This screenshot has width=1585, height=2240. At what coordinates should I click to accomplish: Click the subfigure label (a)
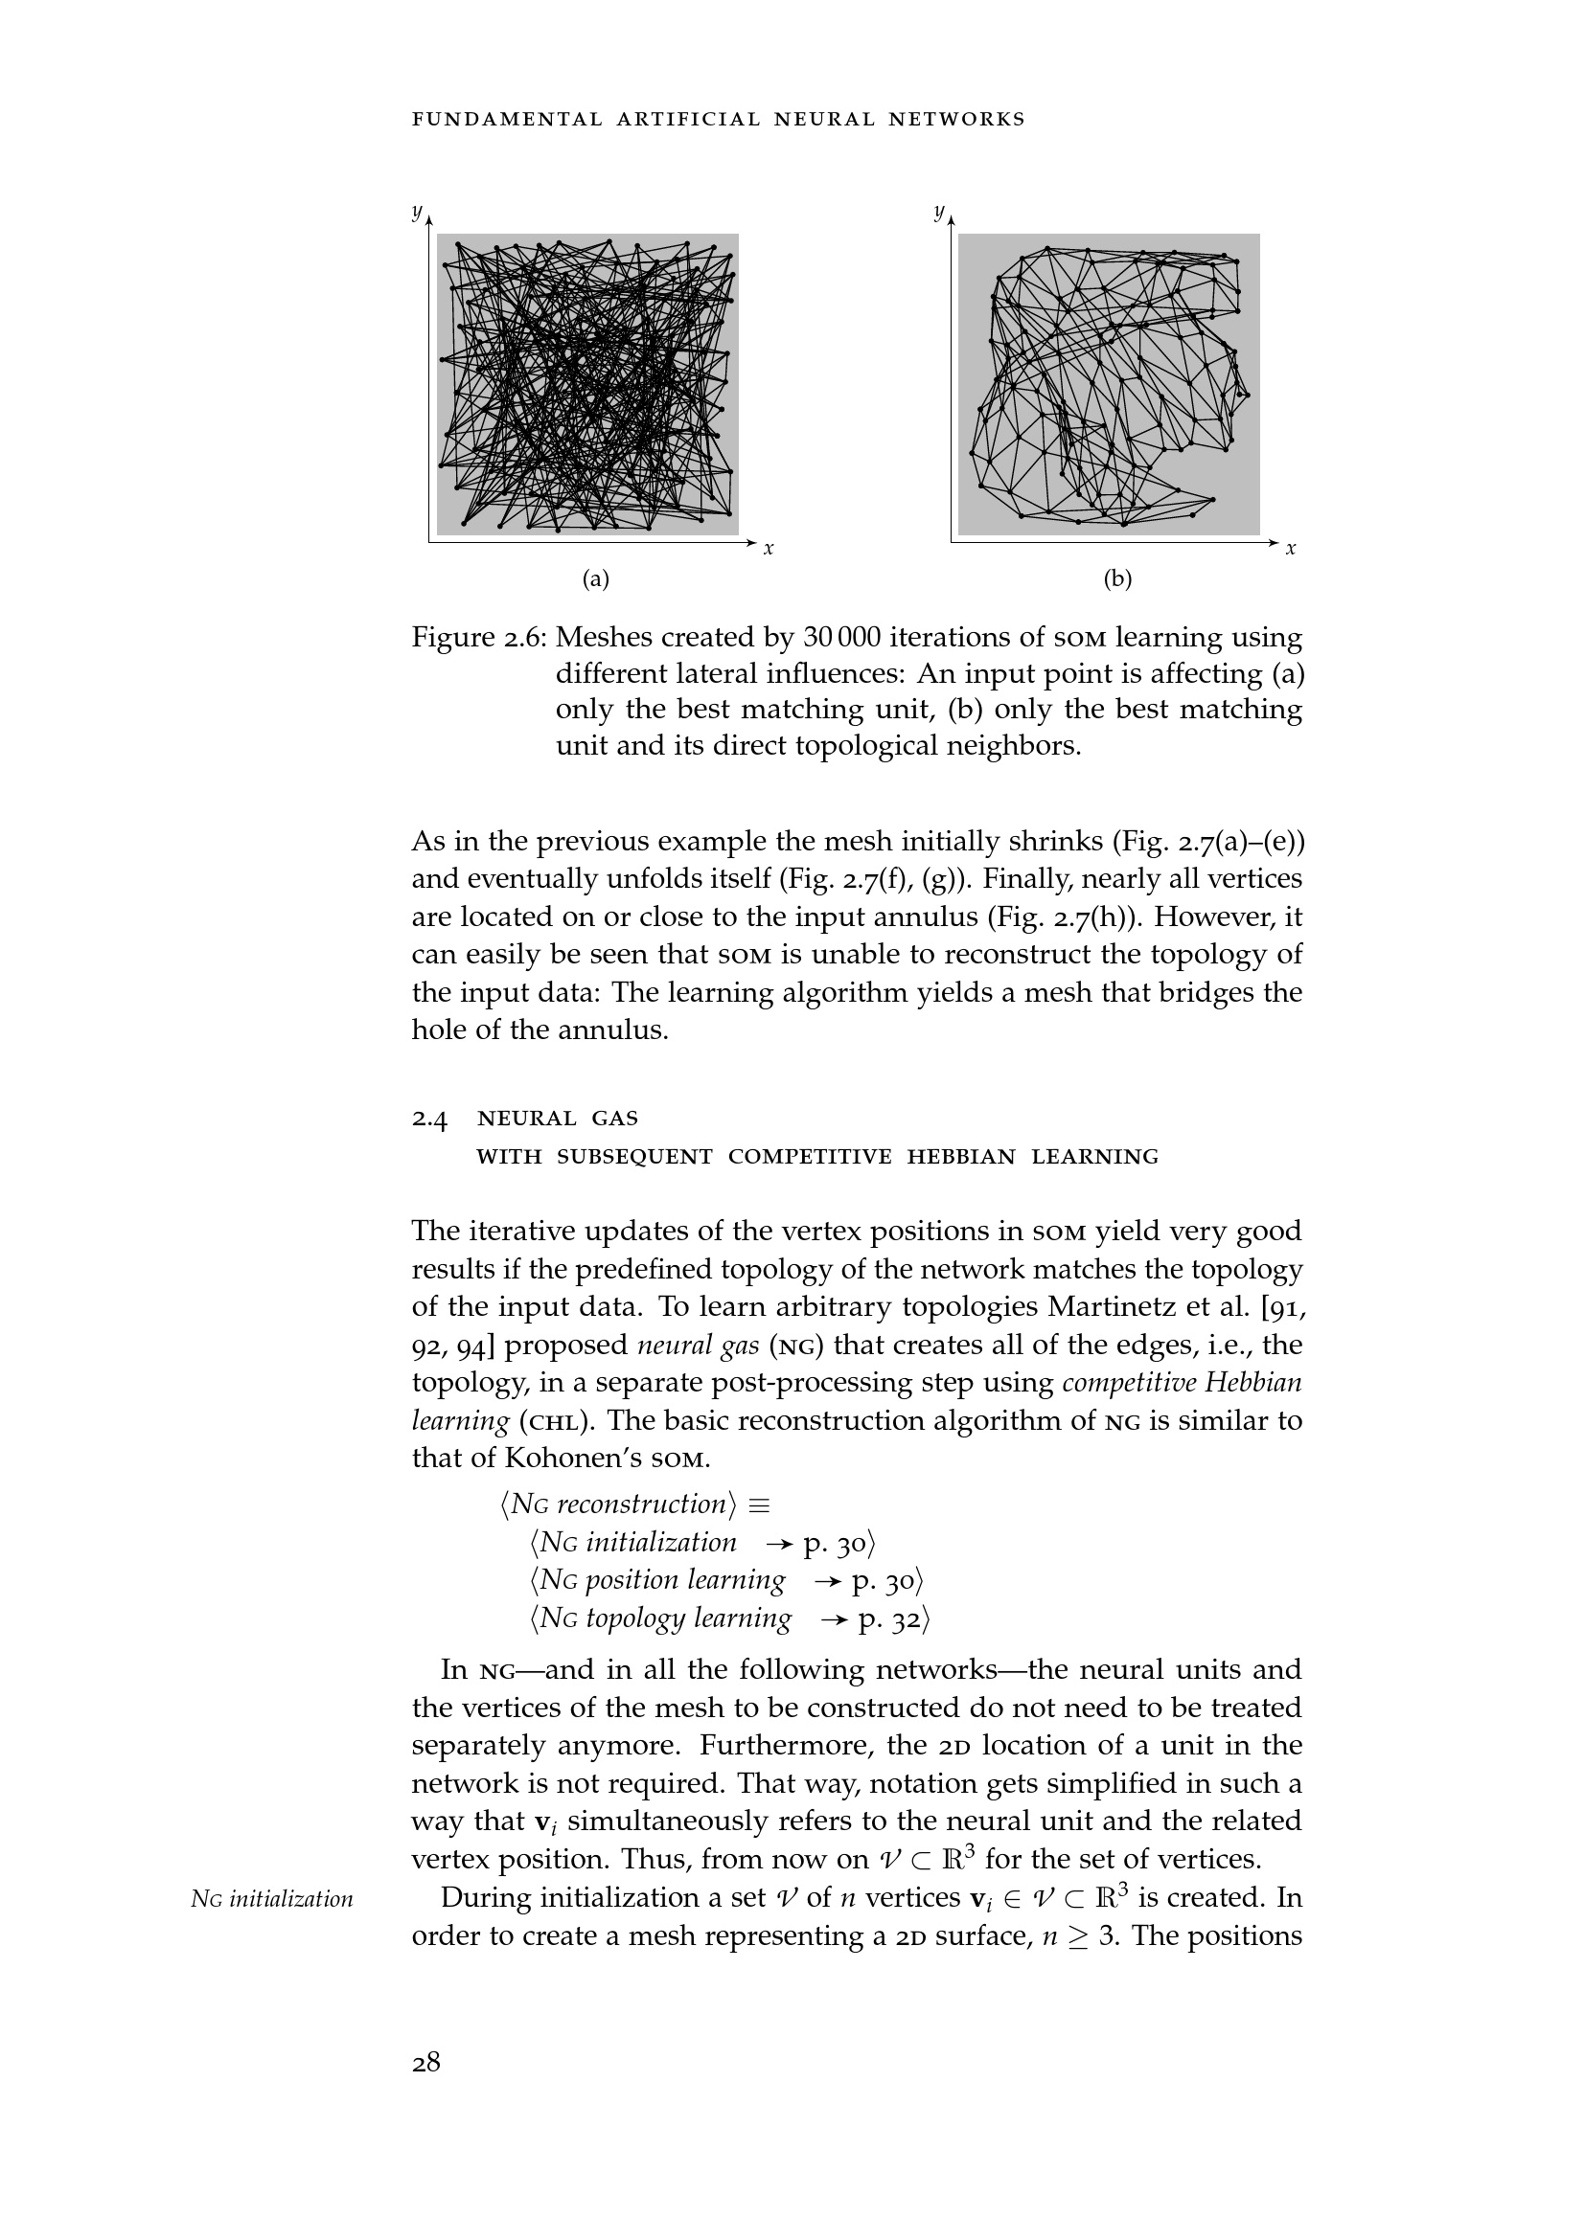point(595,579)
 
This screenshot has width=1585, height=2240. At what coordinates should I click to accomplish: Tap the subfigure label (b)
point(1117,579)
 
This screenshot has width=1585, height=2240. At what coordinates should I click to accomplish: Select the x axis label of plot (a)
point(770,550)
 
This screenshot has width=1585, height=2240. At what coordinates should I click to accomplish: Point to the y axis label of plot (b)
point(939,211)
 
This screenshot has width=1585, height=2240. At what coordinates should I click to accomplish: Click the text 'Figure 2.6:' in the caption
point(479,638)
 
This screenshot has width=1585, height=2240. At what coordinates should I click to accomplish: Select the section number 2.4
point(429,1119)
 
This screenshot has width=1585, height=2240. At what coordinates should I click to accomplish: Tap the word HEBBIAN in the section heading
point(961,1157)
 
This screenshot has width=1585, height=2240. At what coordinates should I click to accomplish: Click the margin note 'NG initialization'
point(272,1898)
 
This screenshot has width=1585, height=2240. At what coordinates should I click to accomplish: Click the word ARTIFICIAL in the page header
point(688,120)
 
